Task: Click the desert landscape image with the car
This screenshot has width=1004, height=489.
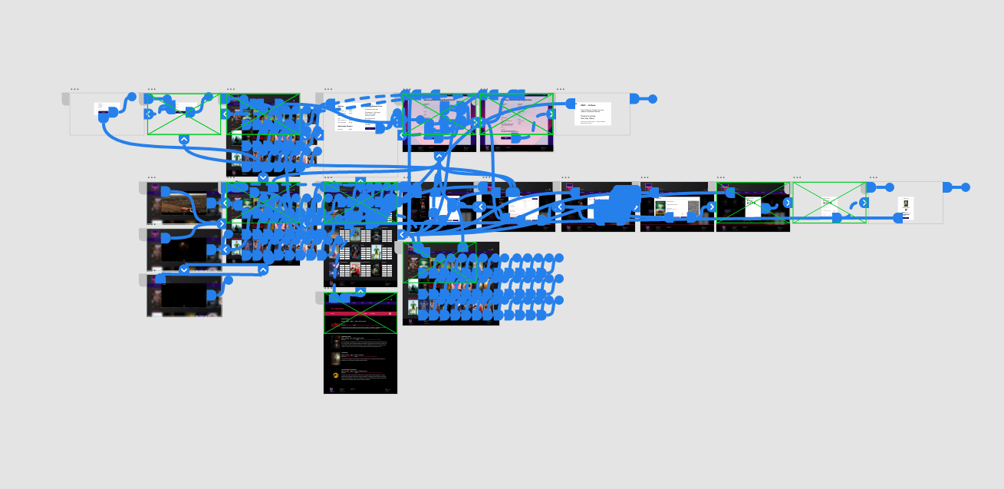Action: (x=183, y=203)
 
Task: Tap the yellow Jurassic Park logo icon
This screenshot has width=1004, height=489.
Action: (x=335, y=375)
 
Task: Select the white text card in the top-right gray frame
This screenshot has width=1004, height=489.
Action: (x=592, y=114)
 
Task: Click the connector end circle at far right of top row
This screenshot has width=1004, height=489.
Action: (x=653, y=99)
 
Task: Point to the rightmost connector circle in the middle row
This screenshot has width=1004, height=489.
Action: (x=966, y=187)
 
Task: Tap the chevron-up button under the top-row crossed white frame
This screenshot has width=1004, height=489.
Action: (x=184, y=140)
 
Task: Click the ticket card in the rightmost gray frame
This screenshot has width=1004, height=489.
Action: (x=905, y=207)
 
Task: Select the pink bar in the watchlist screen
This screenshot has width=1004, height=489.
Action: (x=360, y=313)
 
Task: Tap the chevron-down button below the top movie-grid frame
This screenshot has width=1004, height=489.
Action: (x=263, y=178)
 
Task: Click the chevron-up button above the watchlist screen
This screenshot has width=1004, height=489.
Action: (x=360, y=292)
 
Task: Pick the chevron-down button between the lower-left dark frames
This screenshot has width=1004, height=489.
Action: (x=184, y=270)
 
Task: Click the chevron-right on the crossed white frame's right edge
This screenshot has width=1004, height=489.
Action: (x=864, y=203)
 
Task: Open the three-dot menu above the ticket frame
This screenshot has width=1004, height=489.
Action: (x=874, y=177)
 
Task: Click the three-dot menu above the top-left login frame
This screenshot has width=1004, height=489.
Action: (x=74, y=89)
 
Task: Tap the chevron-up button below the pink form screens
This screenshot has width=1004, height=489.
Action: (x=439, y=157)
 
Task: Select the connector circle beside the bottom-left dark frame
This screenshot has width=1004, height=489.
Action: (x=228, y=280)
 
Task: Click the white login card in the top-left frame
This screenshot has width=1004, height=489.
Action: (x=102, y=108)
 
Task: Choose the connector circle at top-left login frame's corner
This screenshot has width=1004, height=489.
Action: (x=132, y=97)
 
